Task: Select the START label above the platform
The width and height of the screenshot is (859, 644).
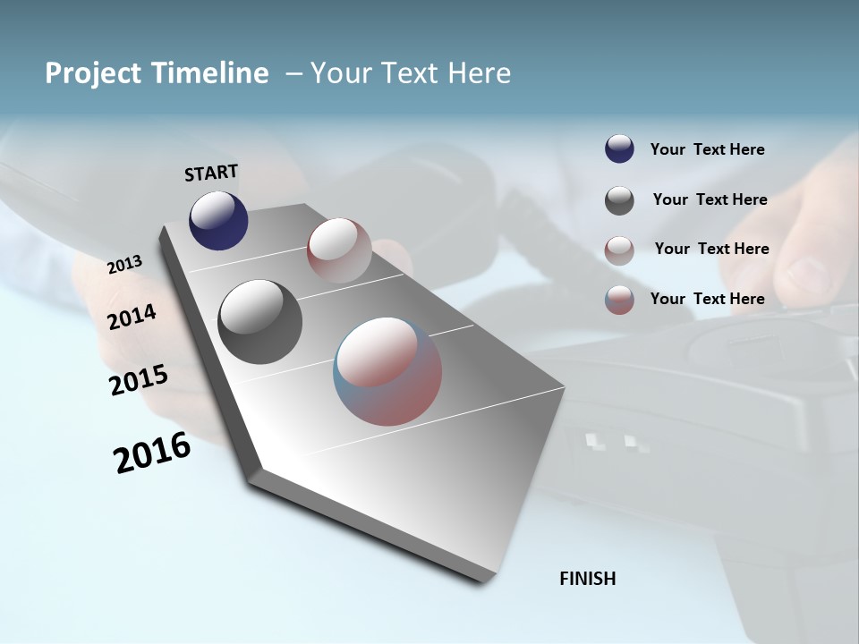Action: tap(211, 173)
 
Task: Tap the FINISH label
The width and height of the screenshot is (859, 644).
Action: tap(588, 579)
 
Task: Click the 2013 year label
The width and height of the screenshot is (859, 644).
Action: tap(125, 265)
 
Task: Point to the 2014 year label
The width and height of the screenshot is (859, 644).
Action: tap(132, 317)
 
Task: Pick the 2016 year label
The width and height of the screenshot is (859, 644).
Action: tap(152, 453)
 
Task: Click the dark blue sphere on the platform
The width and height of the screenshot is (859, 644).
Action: tap(218, 221)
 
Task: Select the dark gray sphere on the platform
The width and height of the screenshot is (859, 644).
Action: tap(259, 322)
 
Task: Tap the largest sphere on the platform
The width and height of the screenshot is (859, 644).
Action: tap(387, 370)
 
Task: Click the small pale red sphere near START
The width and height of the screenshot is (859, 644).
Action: tap(339, 250)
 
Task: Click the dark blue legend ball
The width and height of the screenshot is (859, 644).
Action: tap(619, 149)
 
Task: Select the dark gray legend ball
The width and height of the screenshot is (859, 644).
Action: tap(619, 200)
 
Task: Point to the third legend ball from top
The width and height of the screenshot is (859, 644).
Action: tap(619, 250)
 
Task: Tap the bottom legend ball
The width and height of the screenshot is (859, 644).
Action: tap(619, 300)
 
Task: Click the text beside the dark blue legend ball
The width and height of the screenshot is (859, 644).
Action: tap(707, 149)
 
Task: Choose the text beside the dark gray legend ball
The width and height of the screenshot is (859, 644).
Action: tap(710, 199)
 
